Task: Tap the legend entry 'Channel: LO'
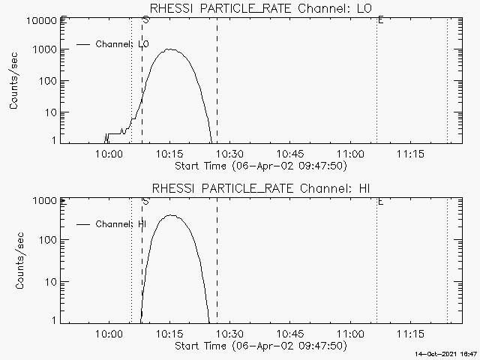tap(123, 44)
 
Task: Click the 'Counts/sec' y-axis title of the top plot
tap(14, 81)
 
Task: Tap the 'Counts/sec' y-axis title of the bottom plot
tap(14, 260)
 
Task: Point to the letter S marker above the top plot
tap(145, 20)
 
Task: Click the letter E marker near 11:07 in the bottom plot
tap(381, 201)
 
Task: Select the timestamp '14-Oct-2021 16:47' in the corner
tap(448, 353)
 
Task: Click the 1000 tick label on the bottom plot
tap(46, 201)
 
